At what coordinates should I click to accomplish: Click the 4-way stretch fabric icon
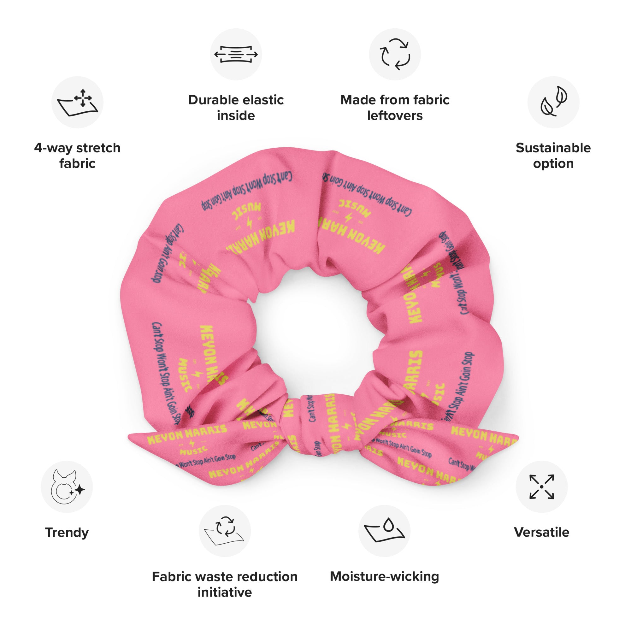click(77, 102)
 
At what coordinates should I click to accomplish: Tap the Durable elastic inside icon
click(236, 54)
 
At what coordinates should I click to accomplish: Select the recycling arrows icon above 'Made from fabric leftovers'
click(395, 54)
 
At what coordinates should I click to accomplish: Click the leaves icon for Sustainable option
click(553, 102)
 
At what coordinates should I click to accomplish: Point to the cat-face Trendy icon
click(67, 487)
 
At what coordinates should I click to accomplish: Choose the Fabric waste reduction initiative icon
click(225, 531)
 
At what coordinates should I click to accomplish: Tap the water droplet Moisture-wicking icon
click(384, 531)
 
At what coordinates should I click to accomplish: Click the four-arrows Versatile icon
click(541, 487)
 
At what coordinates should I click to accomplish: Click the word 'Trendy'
click(67, 532)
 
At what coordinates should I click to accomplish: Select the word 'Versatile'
click(541, 532)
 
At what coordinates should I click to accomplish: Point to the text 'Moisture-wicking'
click(384, 576)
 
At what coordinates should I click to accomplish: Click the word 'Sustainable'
click(553, 148)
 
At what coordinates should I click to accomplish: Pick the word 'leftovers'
click(395, 115)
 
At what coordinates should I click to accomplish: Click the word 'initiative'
click(225, 592)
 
